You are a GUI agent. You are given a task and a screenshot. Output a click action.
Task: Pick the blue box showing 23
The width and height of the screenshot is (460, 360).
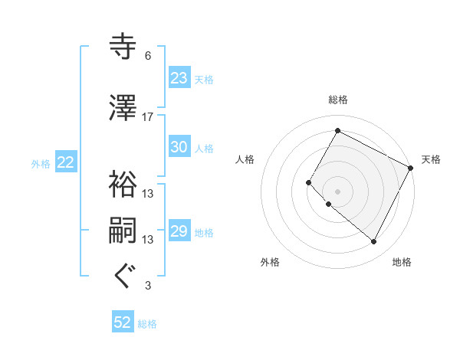(179, 78)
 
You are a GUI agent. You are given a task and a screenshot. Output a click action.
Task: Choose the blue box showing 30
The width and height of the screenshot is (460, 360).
(179, 148)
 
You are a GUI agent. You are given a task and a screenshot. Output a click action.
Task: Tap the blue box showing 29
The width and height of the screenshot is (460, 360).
(179, 231)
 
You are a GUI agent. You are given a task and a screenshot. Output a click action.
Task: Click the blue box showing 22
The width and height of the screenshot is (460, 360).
(65, 162)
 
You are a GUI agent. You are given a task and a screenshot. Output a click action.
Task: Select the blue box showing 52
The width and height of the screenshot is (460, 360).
(123, 323)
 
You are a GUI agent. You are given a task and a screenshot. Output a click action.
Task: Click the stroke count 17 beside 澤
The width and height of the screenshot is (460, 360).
(148, 116)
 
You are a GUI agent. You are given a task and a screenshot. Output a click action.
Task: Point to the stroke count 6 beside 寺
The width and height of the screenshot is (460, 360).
(147, 56)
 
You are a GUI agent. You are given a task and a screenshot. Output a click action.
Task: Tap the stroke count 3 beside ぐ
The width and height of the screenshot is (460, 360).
(147, 286)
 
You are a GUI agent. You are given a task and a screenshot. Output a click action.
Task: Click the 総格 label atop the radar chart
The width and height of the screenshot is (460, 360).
(337, 100)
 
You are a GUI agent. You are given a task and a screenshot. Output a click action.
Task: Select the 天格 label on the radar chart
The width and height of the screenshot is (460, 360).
(431, 159)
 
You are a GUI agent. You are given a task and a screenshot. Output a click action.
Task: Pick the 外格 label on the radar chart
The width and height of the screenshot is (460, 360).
(270, 262)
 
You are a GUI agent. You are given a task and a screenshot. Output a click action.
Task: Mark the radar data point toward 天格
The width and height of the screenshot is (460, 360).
(410, 168)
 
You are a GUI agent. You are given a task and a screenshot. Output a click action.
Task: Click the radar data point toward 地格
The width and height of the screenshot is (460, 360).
(374, 242)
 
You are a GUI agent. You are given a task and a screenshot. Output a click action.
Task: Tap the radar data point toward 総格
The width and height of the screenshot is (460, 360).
(337, 130)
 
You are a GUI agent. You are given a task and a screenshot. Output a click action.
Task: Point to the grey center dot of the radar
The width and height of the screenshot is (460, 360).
(337, 191)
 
